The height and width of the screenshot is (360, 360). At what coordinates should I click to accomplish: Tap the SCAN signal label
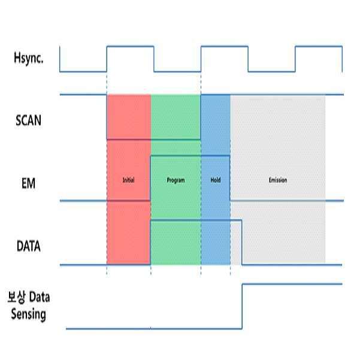pyautogui.click(x=28, y=119)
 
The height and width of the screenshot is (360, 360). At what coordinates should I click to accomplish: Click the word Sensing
pyautogui.click(x=28, y=314)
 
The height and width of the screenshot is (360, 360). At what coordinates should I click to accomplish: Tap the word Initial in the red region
pyautogui.click(x=128, y=180)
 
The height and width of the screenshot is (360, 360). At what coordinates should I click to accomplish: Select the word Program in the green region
pyautogui.click(x=176, y=180)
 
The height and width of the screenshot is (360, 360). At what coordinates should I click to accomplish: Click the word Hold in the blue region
pyautogui.click(x=216, y=180)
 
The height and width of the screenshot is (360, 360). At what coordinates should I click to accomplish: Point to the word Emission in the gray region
pyautogui.click(x=278, y=180)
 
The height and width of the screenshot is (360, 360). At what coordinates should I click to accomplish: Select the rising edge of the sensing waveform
pyautogui.click(x=242, y=306)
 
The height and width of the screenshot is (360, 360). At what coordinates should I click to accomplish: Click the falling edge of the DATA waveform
pyautogui.click(x=242, y=242)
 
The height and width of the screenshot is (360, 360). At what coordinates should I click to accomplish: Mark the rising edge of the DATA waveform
pyautogui.click(x=150, y=242)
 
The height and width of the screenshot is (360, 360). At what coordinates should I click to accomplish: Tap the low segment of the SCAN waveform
pyautogui.click(x=153, y=140)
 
